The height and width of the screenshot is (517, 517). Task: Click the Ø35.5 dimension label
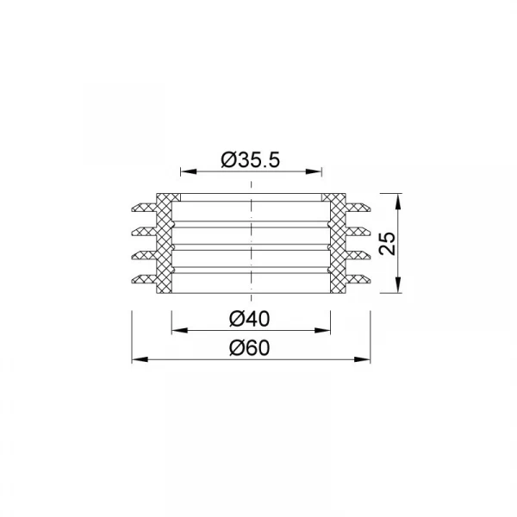coord(250,160)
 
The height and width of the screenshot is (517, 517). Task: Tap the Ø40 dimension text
coord(250,319)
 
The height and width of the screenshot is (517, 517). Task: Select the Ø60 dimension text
coord(250,348)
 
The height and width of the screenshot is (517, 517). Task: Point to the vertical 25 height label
coord(387,243)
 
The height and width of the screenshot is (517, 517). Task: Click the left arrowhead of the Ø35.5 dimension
coord(189,171)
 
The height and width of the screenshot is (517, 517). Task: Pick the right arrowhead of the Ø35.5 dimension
coord(314,171)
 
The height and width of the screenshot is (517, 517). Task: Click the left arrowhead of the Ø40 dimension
coord(180,330)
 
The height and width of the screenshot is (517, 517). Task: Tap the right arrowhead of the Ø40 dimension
coord(322,330)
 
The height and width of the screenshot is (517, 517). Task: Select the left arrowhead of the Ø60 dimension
coord(140,359)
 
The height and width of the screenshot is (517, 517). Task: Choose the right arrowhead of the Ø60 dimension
coord(363,359)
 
